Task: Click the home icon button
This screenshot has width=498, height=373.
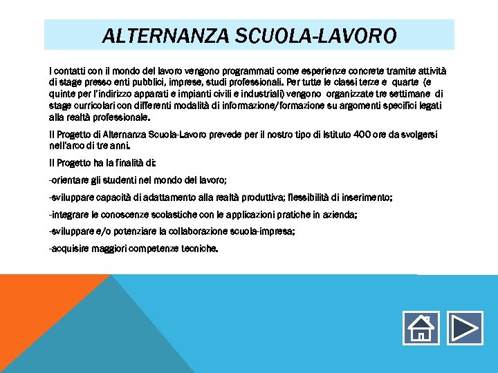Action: tap(419, 328)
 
